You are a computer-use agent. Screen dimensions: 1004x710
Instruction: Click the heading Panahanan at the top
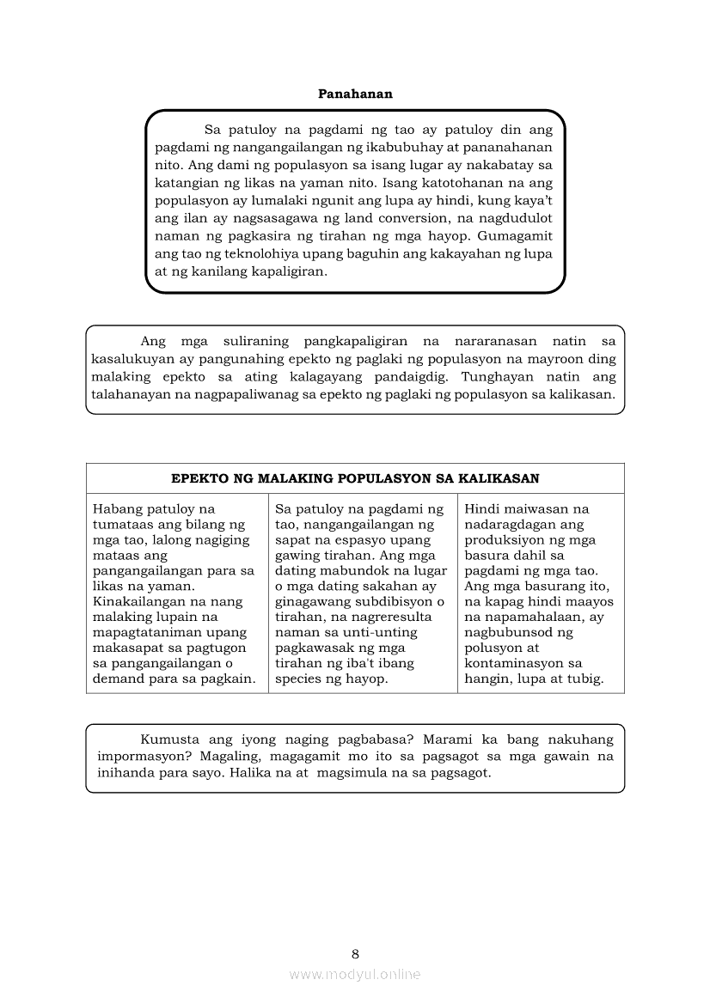coord(355,94)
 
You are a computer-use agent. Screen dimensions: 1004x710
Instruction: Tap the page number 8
coord(355,953)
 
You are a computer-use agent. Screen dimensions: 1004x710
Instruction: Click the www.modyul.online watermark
coord(355,974)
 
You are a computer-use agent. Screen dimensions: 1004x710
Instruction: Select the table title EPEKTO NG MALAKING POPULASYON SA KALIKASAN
coord(355,478)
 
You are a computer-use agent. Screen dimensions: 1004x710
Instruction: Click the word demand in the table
coord(117,678)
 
